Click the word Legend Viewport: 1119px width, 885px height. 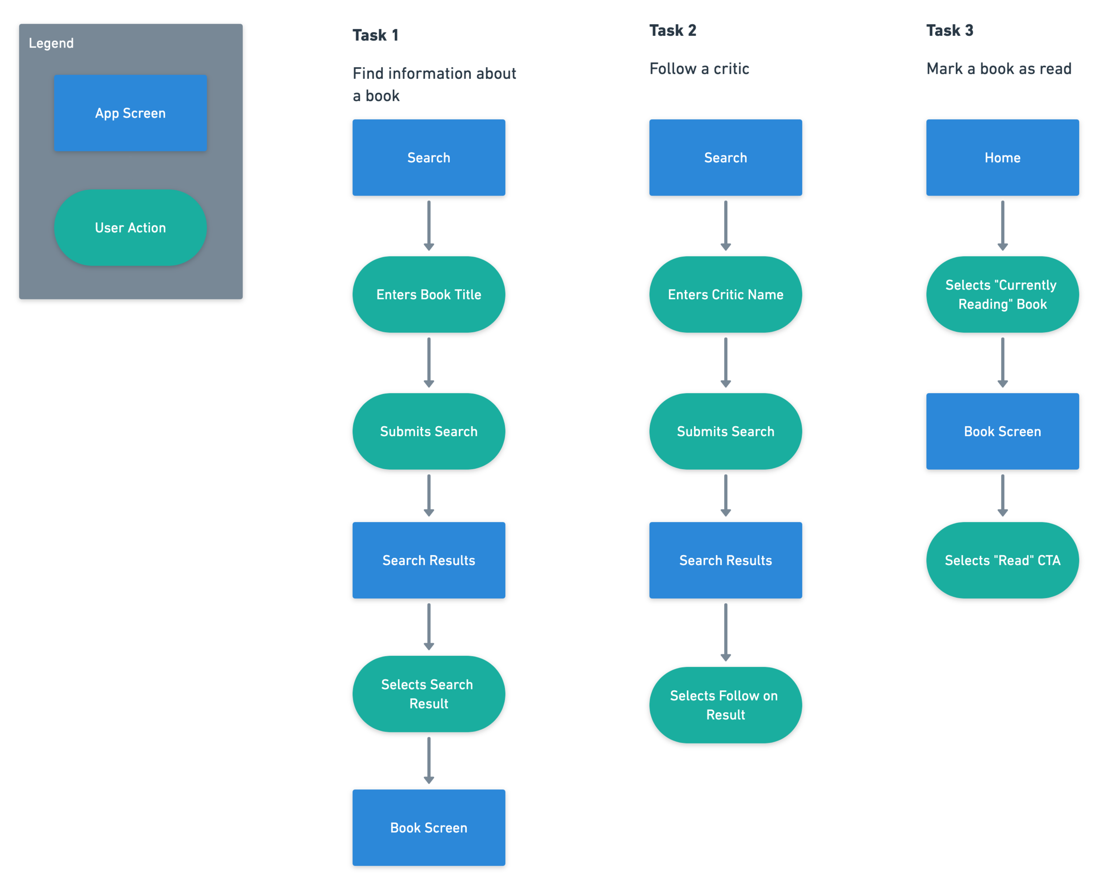click(51, 43)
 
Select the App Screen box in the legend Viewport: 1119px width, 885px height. click(131, 113)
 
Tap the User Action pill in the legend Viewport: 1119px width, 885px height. click(131, 227)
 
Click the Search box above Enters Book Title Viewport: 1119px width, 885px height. click(428, 158)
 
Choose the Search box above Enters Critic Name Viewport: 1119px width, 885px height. click(725, 158)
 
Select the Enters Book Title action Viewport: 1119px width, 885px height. click(428, 294)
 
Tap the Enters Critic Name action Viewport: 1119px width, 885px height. click(725, 294)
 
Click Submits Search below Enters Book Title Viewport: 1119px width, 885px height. click(428, 431)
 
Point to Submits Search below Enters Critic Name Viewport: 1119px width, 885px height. click(725, 431)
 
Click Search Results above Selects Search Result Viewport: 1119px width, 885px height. click(428, 560)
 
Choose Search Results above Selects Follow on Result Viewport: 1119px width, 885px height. click(725, 560)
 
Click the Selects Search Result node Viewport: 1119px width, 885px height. click(428, 694)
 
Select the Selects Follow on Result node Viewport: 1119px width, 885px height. click(725, 705)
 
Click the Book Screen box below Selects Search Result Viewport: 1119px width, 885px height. click(428, 828)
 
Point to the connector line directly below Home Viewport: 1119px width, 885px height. click(1003, 223)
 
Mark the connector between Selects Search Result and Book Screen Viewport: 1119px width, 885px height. click(428, 757)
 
